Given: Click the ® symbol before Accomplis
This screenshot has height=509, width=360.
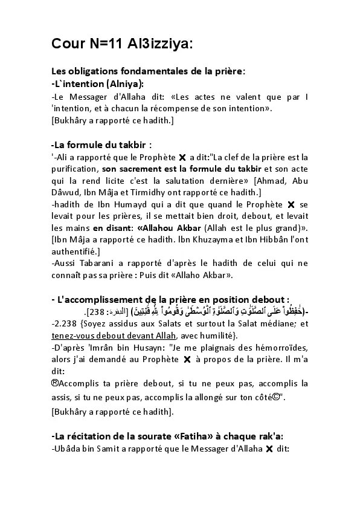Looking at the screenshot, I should pyautogui.click(x=55, y=383).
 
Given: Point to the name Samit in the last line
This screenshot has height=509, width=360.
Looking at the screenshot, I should pyautogui.click(x=117, y=449).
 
